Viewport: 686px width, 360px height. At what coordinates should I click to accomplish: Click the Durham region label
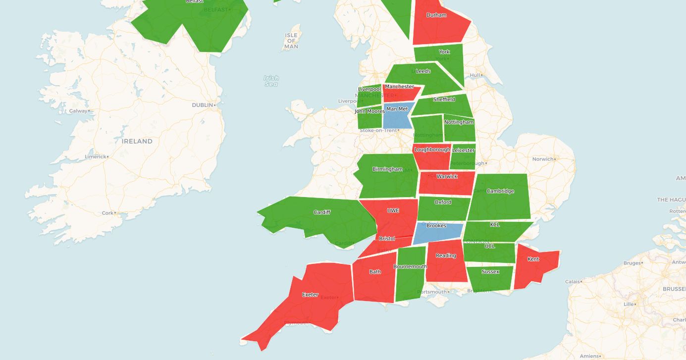coord(436,15)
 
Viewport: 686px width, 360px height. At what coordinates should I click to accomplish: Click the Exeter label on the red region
coord(310,295)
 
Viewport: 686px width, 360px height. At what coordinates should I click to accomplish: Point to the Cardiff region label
coord(322,212)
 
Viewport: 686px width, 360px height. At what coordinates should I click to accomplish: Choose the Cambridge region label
coord(500,191)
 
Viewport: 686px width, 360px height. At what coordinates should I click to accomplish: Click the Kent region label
coord(533,259)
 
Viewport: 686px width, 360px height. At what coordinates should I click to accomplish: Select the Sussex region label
coord(490,271)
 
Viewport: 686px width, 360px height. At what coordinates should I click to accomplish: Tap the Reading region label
coord(446,256)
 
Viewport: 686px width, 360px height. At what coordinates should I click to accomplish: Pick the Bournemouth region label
coord(410,266)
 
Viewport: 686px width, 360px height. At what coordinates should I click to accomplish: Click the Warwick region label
coord(447,176)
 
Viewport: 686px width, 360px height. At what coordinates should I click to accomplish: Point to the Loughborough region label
coord(432,150)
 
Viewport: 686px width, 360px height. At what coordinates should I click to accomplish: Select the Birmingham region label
coord(387,169)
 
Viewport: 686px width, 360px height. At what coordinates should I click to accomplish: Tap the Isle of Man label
coord(291,41)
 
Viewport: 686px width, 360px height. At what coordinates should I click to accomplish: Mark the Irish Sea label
coord(271,81)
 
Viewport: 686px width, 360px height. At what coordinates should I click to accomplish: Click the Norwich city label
coord(542,159)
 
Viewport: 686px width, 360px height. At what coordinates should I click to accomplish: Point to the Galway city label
coord(78,111)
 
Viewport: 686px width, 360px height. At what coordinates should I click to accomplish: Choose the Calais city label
coord(572,282)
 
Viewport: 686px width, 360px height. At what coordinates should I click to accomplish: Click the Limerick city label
coord(95,156)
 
